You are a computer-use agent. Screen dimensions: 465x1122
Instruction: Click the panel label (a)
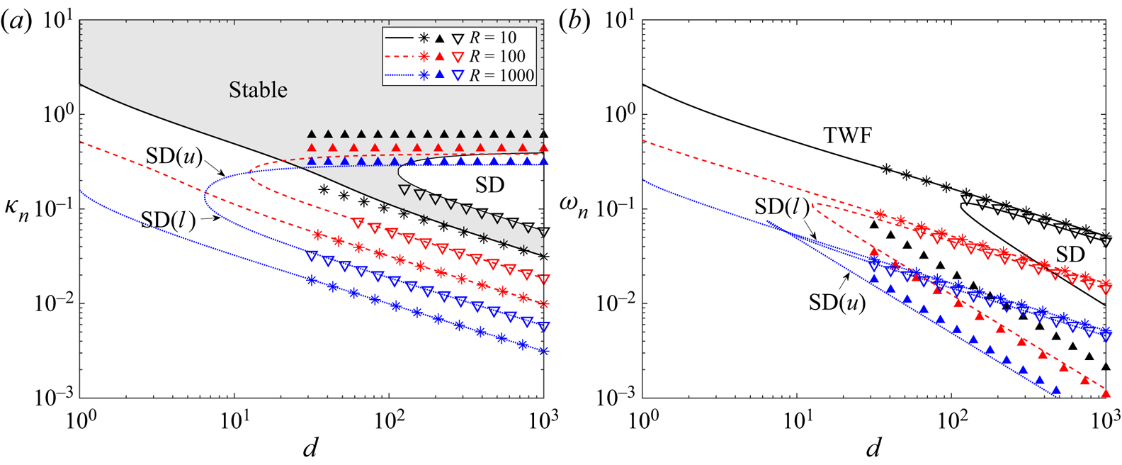tap(16, 22)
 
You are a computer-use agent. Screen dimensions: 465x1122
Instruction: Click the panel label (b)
tap(574, 22)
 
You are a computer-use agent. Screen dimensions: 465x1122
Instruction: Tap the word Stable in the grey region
tap(258, 90)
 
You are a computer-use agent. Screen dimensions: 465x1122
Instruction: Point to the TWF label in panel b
tap(847, 135)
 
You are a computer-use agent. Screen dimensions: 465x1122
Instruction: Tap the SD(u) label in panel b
tap(837, 303)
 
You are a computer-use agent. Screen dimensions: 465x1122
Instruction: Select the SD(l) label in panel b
tap(782, 207)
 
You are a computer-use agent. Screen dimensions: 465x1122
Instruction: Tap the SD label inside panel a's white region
tap(489, 186)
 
